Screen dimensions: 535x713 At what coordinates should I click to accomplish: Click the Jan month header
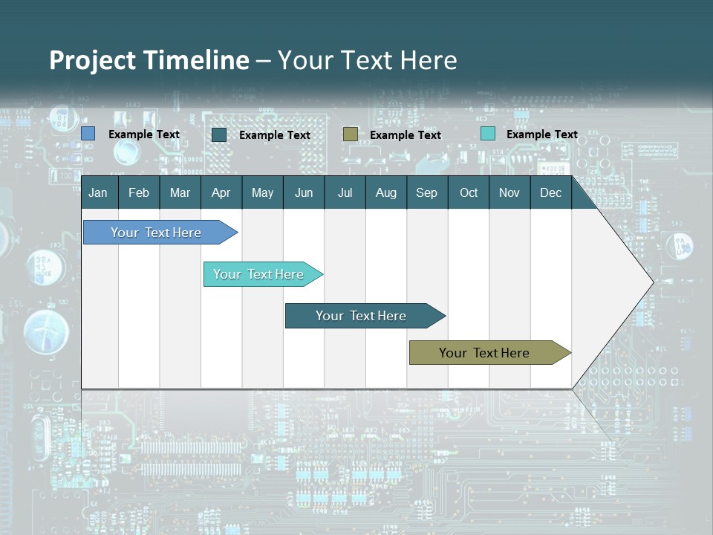tap(99, 192)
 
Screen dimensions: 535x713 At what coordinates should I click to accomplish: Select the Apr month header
tap(221, 192)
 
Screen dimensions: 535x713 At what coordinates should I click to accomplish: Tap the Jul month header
tap(345, 192)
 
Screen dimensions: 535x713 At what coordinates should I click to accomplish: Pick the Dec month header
tap(550, 192)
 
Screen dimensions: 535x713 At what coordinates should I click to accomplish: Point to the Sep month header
tap(426, 192)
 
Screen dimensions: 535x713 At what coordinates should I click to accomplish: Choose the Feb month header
tap(139, 192)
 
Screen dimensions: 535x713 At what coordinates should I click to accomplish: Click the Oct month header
tap(469, 192)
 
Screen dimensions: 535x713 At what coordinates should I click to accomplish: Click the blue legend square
tap(88, 134)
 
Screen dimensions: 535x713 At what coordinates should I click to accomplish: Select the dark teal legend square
tap(219, 134)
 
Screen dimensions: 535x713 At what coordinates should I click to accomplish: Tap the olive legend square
tap(351, 134)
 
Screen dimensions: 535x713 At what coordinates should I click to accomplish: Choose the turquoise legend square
tap(488, 134)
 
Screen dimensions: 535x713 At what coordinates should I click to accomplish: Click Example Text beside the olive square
tap(406, 135)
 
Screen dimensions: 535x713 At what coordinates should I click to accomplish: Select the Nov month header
tap(509, 192)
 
